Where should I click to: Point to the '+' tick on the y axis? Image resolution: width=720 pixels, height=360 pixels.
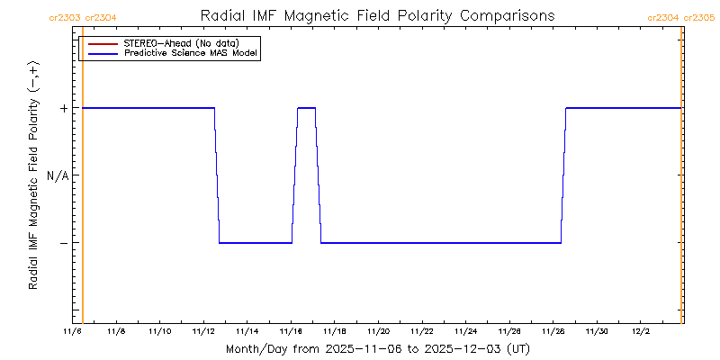[64, 108]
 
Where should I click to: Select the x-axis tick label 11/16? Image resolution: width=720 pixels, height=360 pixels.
[291, 332]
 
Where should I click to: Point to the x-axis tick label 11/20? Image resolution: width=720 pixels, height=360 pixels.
[378, 332]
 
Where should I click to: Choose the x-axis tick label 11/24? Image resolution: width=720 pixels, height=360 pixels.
[465, 332]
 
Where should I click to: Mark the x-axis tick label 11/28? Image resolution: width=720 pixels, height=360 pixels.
[553, 332]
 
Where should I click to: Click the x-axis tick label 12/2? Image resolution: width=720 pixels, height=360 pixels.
[640, 332]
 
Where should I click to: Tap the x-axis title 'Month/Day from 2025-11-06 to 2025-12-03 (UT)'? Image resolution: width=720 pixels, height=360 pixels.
[377, 348]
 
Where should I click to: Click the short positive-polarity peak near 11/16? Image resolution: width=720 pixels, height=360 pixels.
[306, 108]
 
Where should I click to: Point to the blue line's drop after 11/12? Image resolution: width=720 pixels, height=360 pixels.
[217, 175]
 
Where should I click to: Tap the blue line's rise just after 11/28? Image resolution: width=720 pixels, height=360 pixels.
[563, 175]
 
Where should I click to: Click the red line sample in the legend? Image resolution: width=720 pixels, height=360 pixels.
[103, 43]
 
